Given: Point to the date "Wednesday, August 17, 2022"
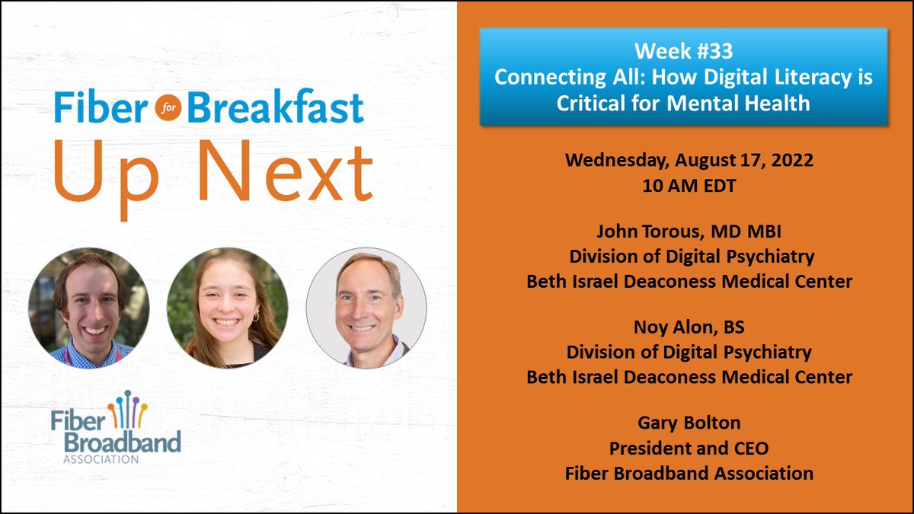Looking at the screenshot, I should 689,161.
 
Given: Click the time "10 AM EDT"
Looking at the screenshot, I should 689,185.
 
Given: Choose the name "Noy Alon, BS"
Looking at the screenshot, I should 689,328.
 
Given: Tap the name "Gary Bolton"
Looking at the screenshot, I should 689,424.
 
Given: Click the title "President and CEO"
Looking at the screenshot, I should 689,449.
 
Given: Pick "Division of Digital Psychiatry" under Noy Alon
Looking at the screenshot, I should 689,353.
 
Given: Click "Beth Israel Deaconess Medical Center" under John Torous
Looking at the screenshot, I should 689,281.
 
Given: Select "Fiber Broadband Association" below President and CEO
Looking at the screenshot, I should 689,473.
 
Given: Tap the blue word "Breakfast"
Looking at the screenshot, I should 276,109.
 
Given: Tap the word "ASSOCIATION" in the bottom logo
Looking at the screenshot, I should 96,458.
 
